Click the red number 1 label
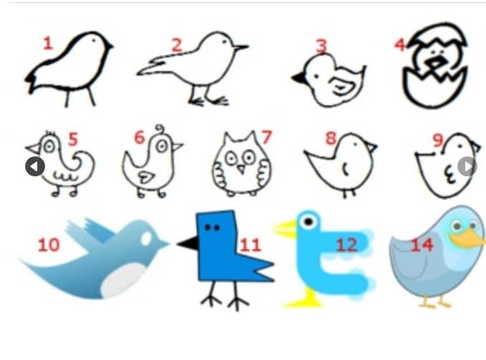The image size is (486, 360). (x=47, y=43)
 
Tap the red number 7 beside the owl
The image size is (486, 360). (x=267, y=137)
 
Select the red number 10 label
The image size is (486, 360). (x=48, y=245)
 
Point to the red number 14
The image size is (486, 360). (x=421, y=245)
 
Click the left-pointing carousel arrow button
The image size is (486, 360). (x=35, y=166)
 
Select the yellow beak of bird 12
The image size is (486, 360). (x=285, y=229)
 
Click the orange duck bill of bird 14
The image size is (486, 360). (x=468, y=239)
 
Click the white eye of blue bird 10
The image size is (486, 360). (x=146, y=237)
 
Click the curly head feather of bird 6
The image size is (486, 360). (x=159, y=131)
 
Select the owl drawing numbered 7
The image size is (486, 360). (x=242, y=166)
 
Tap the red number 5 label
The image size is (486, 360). (x=72, y=139)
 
